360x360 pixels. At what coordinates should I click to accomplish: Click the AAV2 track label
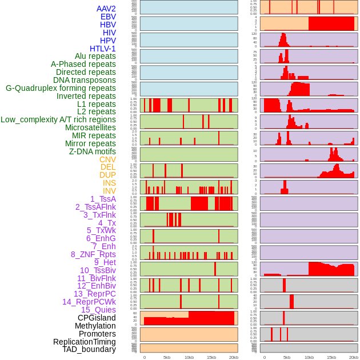coord(106,9)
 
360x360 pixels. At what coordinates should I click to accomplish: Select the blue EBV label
coord(108,17)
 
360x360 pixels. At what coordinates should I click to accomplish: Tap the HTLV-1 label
coord(102,49)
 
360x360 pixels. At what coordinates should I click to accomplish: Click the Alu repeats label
coord(95,56)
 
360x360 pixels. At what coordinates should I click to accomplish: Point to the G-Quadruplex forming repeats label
coord(61,88)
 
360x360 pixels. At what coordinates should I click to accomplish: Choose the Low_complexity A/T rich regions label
coord(58,119)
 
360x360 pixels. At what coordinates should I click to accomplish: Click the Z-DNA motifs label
coord(93,151)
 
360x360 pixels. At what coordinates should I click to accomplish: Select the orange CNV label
coord(107,159)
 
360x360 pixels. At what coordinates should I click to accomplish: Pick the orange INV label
coord(109,191)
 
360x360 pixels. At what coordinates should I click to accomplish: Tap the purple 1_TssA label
coord(103,199)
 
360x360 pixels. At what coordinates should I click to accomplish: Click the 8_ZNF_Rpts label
coord(93,254)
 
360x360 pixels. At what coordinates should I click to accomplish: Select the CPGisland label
coord(97,318)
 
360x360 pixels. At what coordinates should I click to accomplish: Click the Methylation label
coord(95,326)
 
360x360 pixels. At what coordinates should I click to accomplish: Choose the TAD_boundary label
coord(89,349)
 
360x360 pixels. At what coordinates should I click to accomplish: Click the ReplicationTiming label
coord(85,342)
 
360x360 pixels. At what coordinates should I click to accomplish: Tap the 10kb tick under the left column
coord(189,357)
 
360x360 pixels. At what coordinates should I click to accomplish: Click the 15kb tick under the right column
coord(331,357)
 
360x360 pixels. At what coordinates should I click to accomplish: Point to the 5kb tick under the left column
coord(167,357)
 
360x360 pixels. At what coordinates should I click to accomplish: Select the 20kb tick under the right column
coord(353,357)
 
